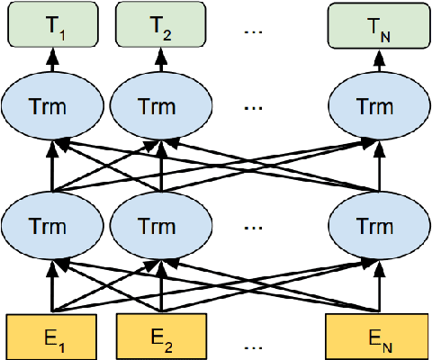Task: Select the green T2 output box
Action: tap(160, 25)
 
